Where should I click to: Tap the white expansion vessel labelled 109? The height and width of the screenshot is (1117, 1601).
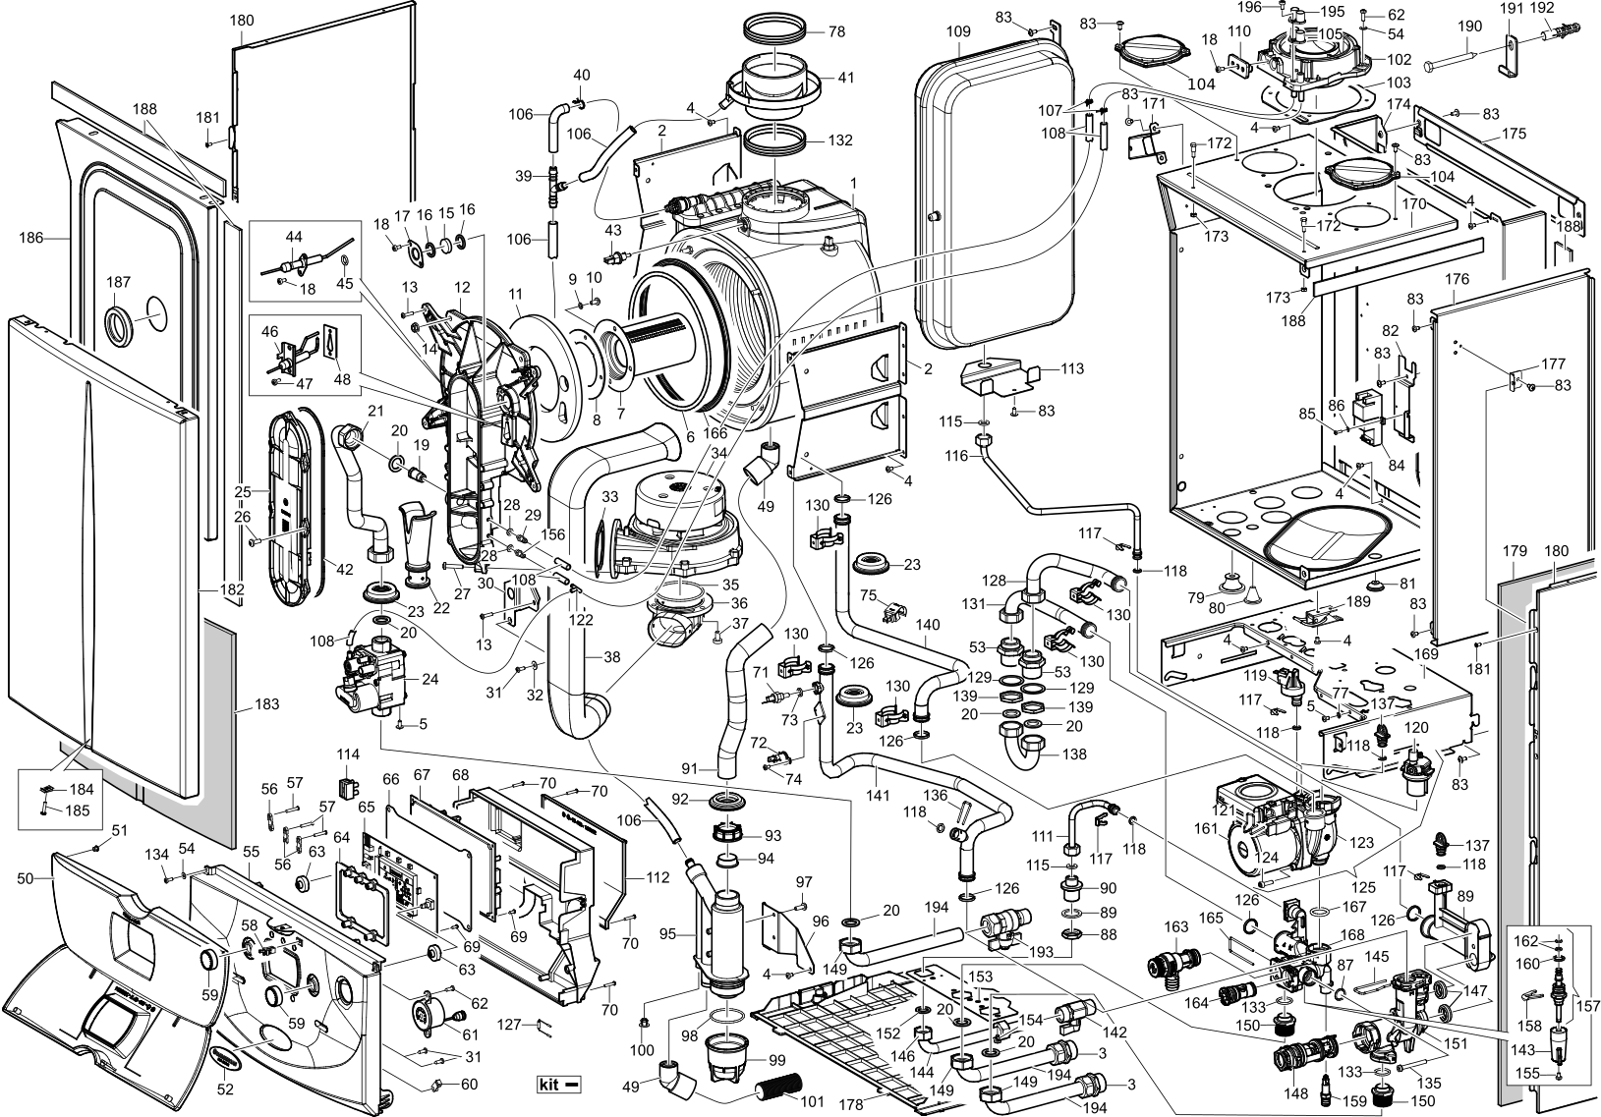click(993, 196)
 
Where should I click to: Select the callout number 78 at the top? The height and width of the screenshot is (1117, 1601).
click(836, 32)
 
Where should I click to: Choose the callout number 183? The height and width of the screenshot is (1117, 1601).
click(266, 704)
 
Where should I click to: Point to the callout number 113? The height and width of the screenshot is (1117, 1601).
click(1072, 369)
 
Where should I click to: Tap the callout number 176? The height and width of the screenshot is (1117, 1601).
click(1457, 280)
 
